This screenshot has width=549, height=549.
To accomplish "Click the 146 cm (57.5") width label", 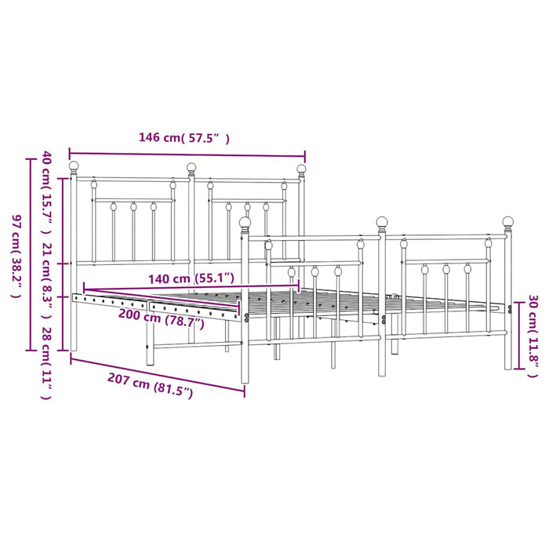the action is click(x=184, y=137).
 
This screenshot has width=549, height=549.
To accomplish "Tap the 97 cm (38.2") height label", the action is click(x=16, y=256).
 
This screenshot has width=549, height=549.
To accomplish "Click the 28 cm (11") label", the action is click(x=47, y=362).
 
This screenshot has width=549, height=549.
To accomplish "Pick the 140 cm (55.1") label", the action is click(x=191, y=278).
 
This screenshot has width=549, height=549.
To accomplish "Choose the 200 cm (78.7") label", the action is click(x=162, y=318).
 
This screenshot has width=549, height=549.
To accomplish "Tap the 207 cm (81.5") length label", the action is click(x=151, y=385).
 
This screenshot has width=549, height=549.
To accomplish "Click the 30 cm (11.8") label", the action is click(x=533, y=336).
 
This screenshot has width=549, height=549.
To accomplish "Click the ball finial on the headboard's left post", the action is click(x=74, y=166).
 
